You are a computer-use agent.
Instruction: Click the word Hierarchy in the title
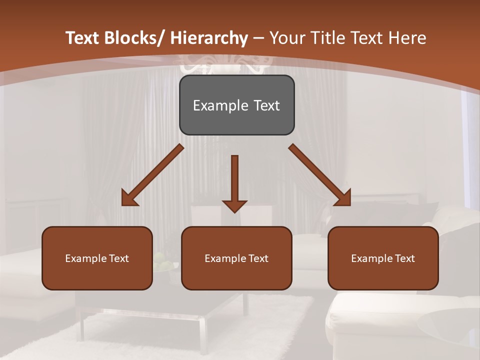(209, 38)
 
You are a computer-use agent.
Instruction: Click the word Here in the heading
(408, 38)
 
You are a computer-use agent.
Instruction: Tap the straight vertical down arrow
(234, 180)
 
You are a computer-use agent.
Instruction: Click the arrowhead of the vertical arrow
(234, 206)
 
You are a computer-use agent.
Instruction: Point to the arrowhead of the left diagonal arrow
(129, 198)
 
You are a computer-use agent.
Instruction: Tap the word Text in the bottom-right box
(404, 258)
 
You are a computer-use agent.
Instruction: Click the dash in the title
(258, 38)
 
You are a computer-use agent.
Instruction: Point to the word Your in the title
(287, 38)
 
